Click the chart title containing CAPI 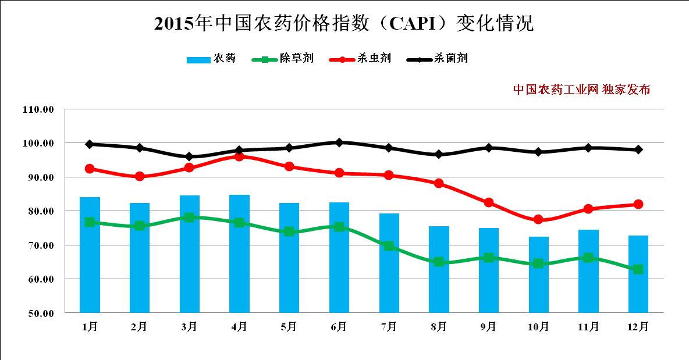coord(344,23)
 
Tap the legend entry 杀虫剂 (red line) coord(360,59)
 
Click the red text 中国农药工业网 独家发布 coord(581,90)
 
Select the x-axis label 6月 coord(339,327)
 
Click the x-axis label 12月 coord(638,327)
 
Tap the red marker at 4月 coord(239,156)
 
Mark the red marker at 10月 coord(538,219)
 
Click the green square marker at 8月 coord(439,262)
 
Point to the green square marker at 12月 coord(638,269)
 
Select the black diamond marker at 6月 coord(339,142)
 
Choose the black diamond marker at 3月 coord(189,156)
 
